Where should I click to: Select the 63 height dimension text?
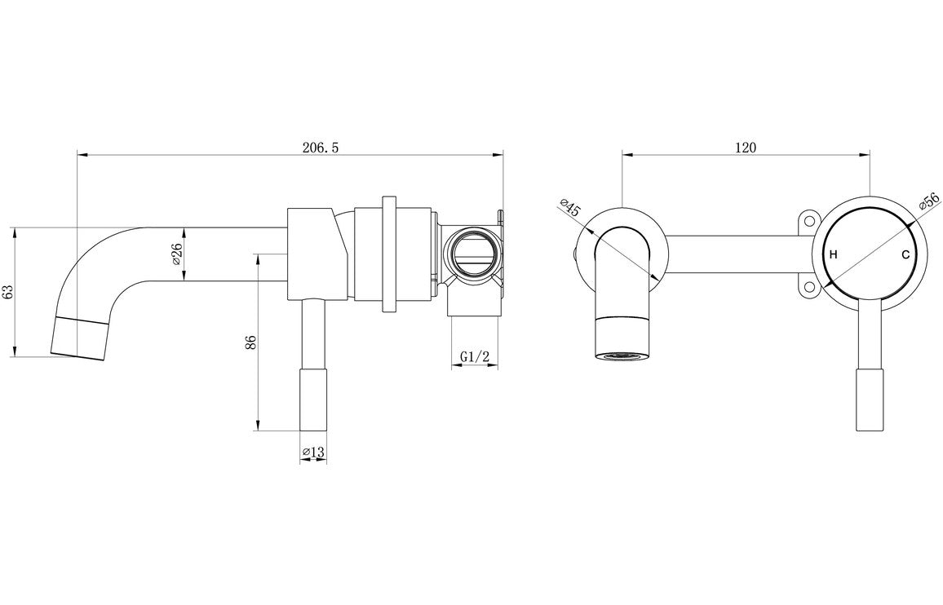point(8,292)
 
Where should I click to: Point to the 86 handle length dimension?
point(250,342)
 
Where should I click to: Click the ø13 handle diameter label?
point(313,452)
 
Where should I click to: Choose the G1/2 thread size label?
point(474,356)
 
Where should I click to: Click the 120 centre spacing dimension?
point(746,148)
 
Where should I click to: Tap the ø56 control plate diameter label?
point(928,202)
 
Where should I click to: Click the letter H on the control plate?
point(833,255)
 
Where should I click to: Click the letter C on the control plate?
point(905,255)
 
